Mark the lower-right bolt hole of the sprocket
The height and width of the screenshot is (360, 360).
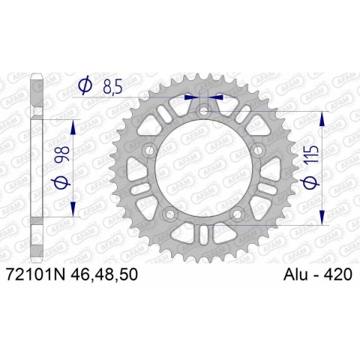click(x=238, y=215)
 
